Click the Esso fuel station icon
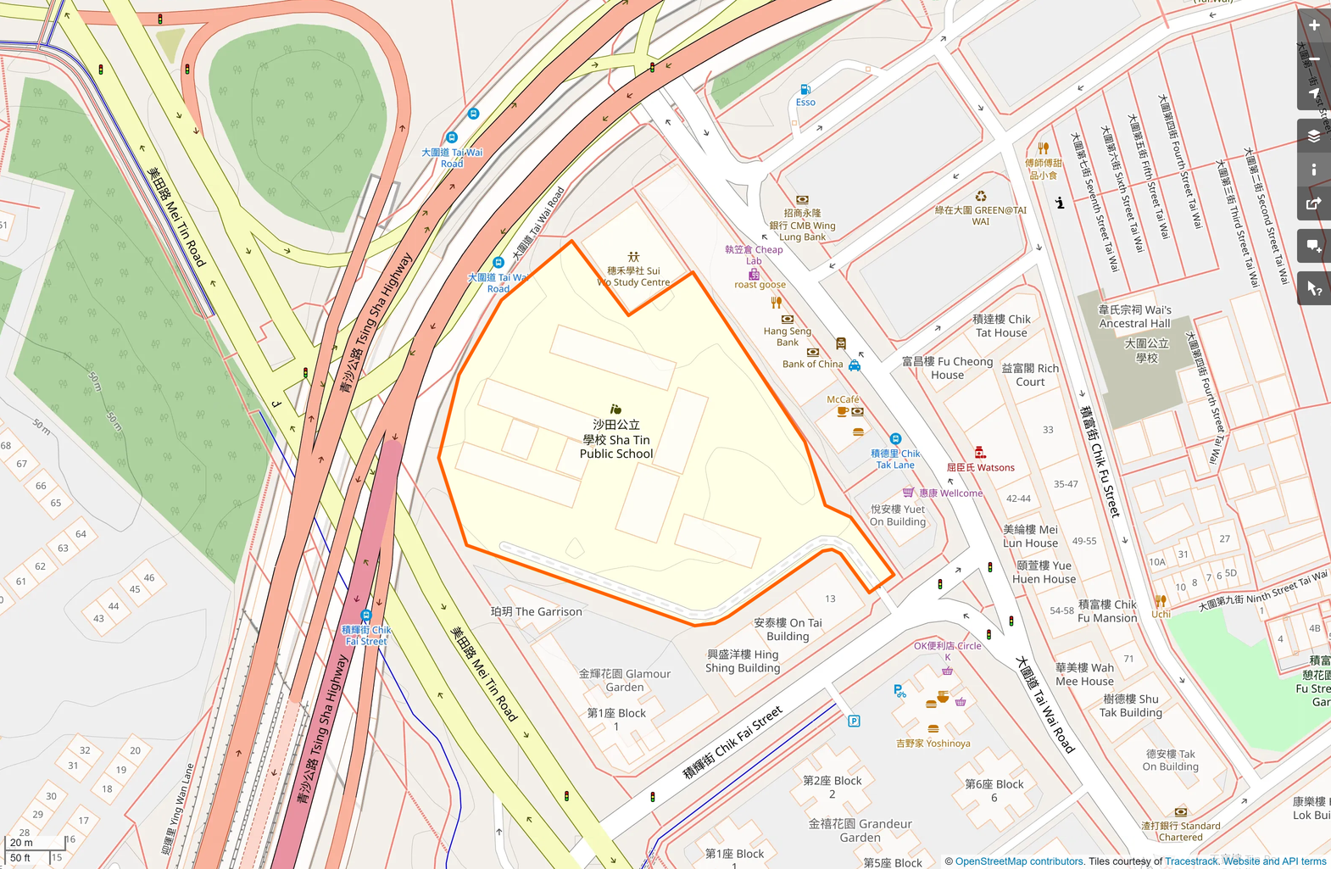point(805,89)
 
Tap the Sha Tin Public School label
point(616,439)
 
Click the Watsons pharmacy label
point(980,467)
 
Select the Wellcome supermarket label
point(950,493)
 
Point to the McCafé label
point(843,399)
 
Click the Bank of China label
point(812,364)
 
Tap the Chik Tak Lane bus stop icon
point(895,439)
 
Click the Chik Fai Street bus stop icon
point(366,616)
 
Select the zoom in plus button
point(1313,25)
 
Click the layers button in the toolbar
point(1313,136)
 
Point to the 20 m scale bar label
point(22,843)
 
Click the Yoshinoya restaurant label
point(933,744)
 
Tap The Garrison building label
point(536,611)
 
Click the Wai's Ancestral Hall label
point(1134,316)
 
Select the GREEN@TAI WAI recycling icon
point(981,197)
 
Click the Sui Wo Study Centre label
point(633,276)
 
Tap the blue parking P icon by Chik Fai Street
point(854,721)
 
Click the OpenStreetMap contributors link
point(1019,861)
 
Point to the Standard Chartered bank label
point(1180,831)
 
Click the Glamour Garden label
point(625,680)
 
